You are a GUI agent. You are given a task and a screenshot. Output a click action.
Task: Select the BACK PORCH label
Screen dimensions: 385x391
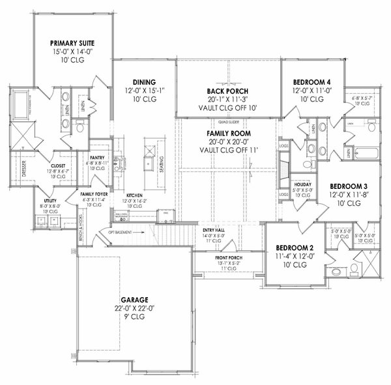point(228,91)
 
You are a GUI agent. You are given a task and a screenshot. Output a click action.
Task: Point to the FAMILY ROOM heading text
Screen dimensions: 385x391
point(228,134)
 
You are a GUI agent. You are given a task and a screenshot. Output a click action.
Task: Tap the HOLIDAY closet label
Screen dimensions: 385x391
point(302,184)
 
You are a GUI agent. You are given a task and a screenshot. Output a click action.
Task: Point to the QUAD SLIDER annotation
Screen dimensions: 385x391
point(228,121)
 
